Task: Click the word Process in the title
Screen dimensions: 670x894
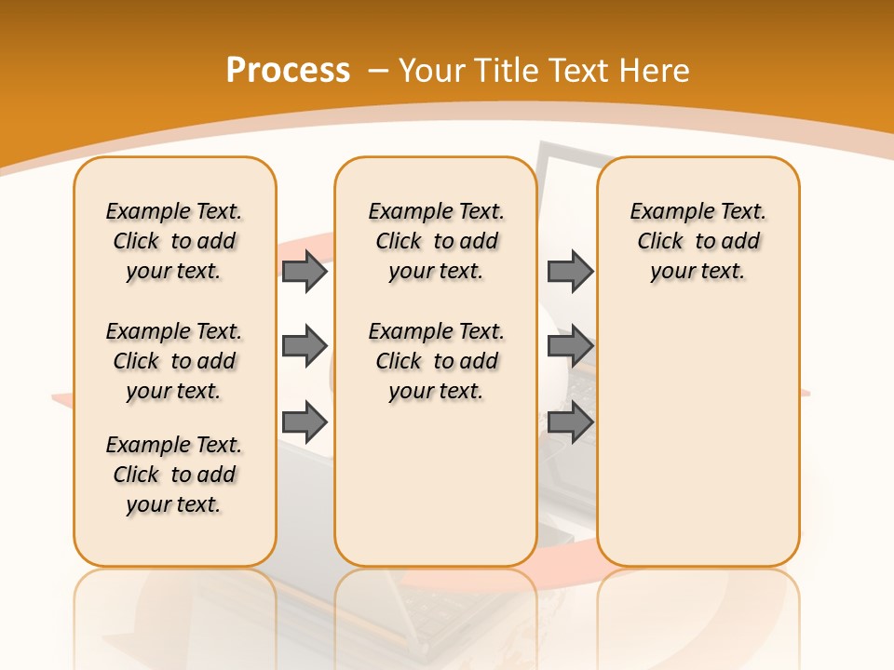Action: [x=288, y=71]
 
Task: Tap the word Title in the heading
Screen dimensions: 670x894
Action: [x=509, y=71]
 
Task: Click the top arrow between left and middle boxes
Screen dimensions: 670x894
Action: [x=305, y=271]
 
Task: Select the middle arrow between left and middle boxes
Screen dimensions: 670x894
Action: [x=305, y=346]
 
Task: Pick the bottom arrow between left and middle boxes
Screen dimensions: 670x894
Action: [x=305, y=422]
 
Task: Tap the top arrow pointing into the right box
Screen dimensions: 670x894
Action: [x=570, y=271]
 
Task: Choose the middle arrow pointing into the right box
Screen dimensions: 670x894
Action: [x=570, y=346]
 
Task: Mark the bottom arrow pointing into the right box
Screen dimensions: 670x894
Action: [x=570, y=422]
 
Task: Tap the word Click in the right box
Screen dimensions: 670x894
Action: [x=660, y=242]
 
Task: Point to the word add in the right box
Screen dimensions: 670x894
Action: [x=740, y=242]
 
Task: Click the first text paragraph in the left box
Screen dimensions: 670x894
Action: [x=174, y=241]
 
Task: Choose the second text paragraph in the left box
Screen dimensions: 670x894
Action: [x=174, y=361]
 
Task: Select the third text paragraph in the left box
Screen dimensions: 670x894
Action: [x=174, y=475]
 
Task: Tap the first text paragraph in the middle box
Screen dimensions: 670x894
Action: [x=436, y=241]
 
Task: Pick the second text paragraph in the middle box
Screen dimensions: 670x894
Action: [x=436, y=361]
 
